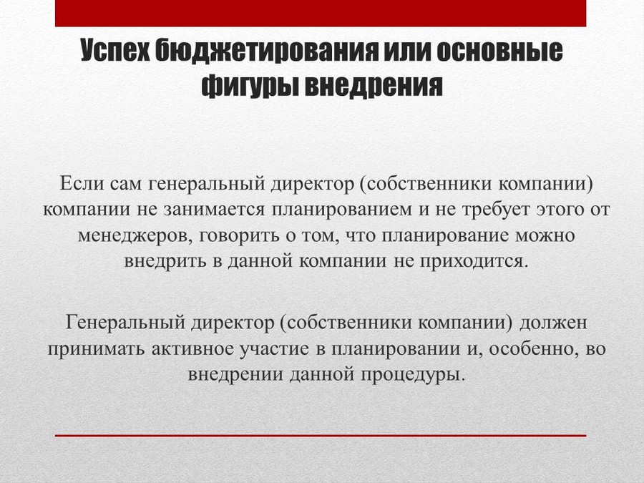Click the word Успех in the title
115,51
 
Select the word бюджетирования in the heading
267,52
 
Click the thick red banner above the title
321,13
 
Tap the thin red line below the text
321,435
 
